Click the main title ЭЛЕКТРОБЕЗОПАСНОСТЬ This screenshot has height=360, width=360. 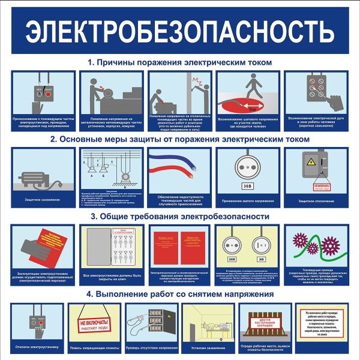[x=180, y=30]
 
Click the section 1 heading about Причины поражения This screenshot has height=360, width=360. [x=180, y=62]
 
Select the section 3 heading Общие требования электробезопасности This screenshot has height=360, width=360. [x=180, y=216]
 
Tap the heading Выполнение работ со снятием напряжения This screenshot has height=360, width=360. [x=180, y=294]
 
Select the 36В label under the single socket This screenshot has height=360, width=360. [x=247, y=185]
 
